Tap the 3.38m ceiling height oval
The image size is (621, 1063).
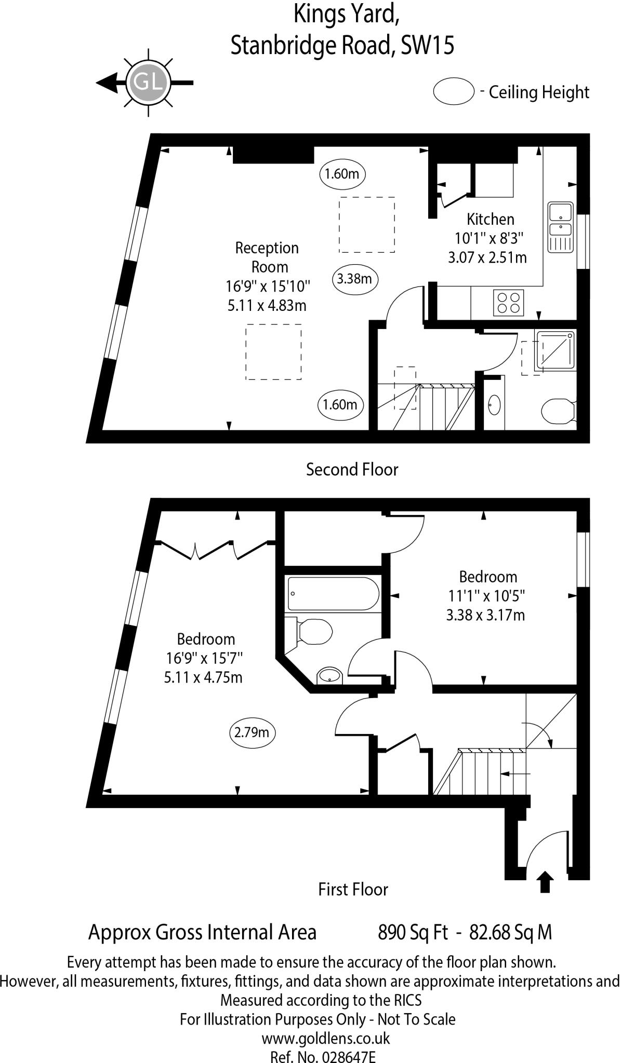click(x=354, y=279)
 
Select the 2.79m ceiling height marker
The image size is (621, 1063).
click(x=252, y=732)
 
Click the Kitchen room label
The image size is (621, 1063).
click(x=490, y=219)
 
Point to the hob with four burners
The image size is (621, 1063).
click(x=508, y=302)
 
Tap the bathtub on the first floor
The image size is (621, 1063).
click(x=333, y=594)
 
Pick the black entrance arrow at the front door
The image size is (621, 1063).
click(x=545, y=882)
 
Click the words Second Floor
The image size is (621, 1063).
click(x=352, y=469)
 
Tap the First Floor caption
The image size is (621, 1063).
click(x=353, y=889)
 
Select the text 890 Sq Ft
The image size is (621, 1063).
click(x=413, y=932)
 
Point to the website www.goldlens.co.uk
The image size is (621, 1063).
click(x=325, y=1038)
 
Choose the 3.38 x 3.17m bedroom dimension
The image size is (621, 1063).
click(x=485, y=615)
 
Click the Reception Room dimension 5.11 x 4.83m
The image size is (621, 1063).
click(x=267, y=305)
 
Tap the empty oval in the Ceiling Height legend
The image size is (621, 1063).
click(x=454, y=92)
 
